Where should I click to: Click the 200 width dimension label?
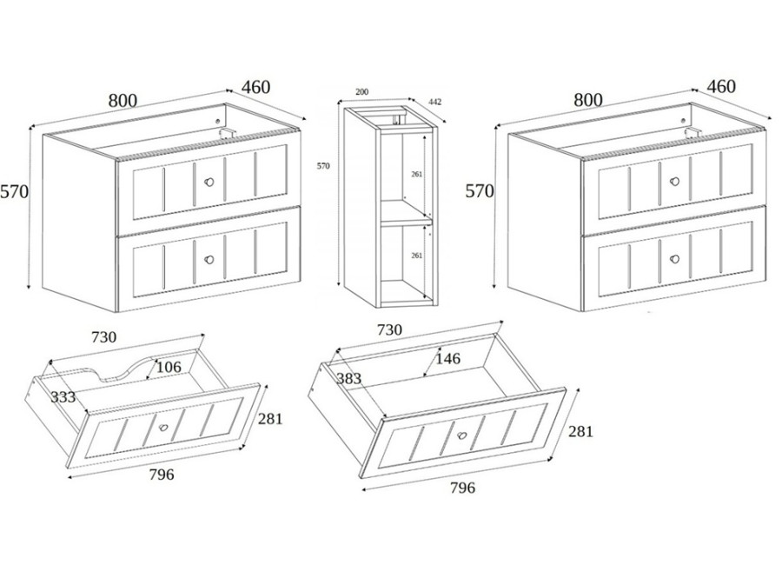tap(361, 92)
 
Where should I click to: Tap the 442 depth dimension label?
tap(435, 102)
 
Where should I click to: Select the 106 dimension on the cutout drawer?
tap(169, 368)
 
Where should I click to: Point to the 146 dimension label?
tap(447, 358)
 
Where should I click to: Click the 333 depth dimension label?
tap(63, 397)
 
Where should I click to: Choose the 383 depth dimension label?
tap(348, 379)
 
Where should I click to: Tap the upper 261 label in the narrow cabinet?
tap(416, 174)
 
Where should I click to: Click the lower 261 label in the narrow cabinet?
tap(416, 256)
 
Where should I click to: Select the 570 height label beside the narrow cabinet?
tap(323, 166)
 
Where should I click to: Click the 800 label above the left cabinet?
tap(123, 101)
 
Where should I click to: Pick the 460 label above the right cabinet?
tap(721, 87)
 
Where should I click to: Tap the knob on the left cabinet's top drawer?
tap(209, 182)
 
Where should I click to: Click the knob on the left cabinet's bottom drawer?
tap(209, 260)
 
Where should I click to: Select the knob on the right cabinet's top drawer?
tap(675, 181)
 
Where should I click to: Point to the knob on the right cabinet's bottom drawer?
tap(675, 258)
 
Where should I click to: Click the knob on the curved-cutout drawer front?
tap(163, 428)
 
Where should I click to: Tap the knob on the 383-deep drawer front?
tap(462, 435)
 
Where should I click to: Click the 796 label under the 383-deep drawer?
tap(462, 488)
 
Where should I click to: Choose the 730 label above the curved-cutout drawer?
tap(103, 337)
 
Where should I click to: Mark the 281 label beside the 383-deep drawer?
tap(580, 431)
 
